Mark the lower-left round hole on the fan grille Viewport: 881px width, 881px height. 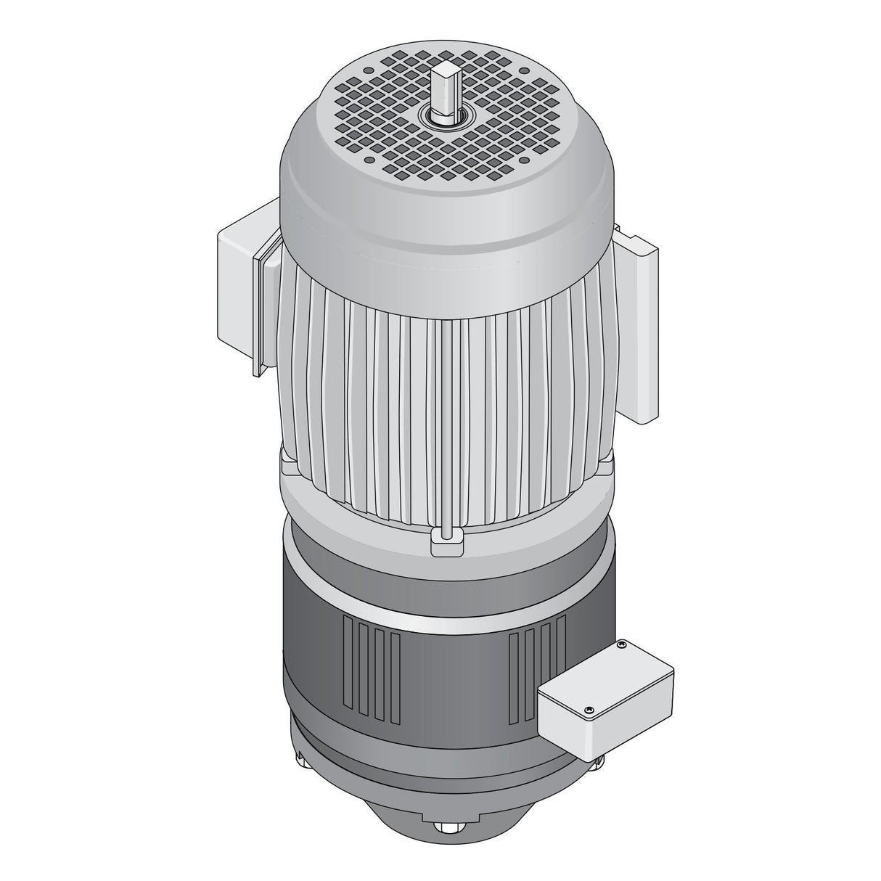click(369, 160)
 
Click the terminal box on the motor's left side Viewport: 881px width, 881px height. click(237, 290)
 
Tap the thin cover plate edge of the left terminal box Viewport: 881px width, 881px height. click(256, 312)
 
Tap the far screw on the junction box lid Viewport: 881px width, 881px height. click(621, 644)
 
